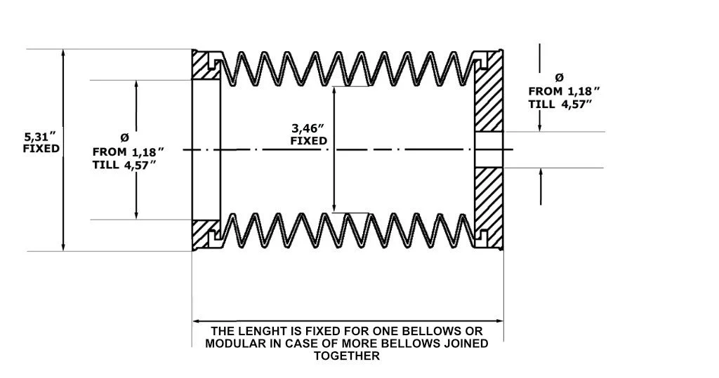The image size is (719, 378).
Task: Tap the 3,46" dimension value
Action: coord(310,128)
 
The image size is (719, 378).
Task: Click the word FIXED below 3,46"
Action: coord(310,140)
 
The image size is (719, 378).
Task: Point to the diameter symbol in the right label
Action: coord(559,76)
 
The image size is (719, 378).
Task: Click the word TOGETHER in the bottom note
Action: coord(348,356)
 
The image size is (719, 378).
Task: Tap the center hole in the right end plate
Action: coord(489,149)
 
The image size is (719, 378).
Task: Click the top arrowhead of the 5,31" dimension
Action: coord(64,53)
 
